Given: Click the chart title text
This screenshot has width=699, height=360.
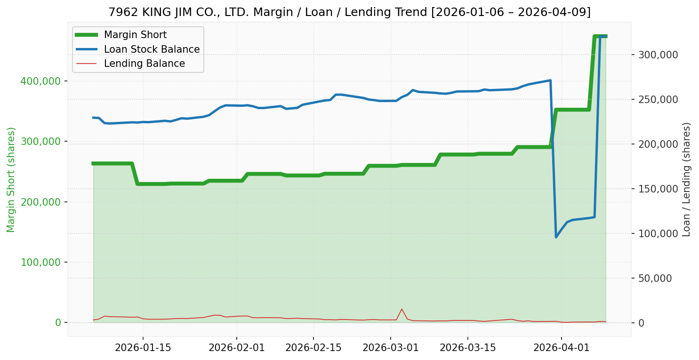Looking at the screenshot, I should (349, 12).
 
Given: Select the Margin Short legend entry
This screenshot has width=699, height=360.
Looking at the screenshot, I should (135, 35).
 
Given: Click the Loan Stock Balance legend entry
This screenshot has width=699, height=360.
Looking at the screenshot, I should (152, 49).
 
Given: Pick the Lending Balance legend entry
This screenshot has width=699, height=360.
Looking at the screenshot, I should (144, 64).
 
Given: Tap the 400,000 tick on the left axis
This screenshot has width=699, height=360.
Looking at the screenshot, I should (41, 81).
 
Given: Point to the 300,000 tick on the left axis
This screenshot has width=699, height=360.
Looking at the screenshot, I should (41, 141).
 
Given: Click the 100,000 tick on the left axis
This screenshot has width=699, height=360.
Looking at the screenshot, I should (41, 262).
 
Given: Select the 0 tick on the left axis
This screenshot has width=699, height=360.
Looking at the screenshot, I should (58, 322).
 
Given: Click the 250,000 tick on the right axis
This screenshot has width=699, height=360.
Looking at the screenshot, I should (658, 99).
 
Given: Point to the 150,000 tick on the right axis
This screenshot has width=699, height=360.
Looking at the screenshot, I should (658, 189).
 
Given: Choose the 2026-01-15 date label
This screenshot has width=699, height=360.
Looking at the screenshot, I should (143, 349).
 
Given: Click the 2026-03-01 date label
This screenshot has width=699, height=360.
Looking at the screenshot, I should (390, 349).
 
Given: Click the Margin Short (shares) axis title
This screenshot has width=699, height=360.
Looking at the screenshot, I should (11, 180).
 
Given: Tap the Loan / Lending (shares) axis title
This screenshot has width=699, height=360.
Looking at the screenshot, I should (687, 180).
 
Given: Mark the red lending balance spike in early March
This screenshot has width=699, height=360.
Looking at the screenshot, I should (402, 309).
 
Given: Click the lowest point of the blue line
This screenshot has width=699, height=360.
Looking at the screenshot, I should (556, 237).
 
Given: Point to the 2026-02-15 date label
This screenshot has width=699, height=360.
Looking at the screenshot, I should (313, 349).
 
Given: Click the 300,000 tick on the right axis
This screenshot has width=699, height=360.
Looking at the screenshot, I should (658, 55).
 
